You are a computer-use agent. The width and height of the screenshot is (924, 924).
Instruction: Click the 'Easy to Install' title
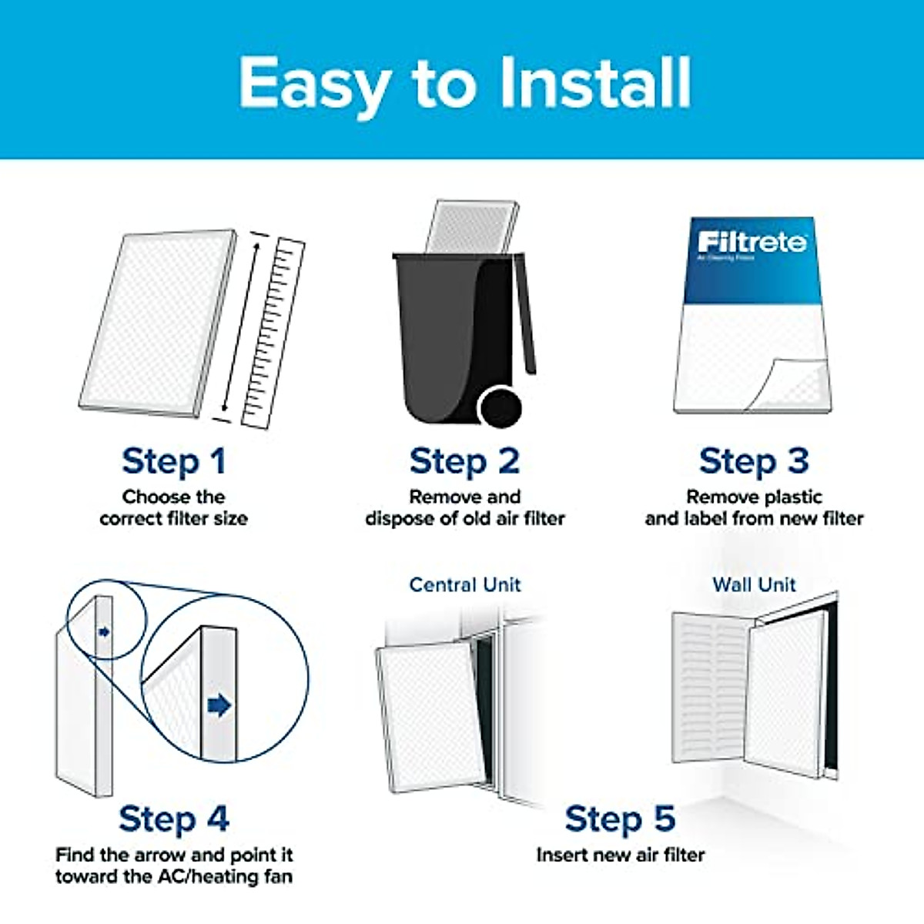point(464,82)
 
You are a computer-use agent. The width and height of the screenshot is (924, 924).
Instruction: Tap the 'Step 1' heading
point(174,462)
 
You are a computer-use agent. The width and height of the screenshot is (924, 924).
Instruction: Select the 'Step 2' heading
point(464,462)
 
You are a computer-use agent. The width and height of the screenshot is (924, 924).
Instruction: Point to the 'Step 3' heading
point(754,462)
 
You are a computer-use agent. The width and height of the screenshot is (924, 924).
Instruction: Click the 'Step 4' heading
point(174,819)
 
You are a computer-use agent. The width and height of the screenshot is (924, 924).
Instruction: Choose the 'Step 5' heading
point(620,819)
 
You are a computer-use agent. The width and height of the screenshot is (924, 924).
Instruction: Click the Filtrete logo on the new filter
point(752,243)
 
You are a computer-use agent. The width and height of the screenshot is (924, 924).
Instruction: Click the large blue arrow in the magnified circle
point(219,705)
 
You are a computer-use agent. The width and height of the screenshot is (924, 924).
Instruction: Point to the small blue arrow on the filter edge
point(104,632)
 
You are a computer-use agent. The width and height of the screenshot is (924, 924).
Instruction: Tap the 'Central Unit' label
point(464,584)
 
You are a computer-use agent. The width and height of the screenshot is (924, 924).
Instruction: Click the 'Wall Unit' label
point(754,584)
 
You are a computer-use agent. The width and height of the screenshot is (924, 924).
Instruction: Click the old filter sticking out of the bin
point(471,227)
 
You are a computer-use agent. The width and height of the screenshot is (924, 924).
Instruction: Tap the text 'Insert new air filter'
point(620,855)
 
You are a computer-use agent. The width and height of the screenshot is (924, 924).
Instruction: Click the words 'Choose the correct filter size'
point(174,507)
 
